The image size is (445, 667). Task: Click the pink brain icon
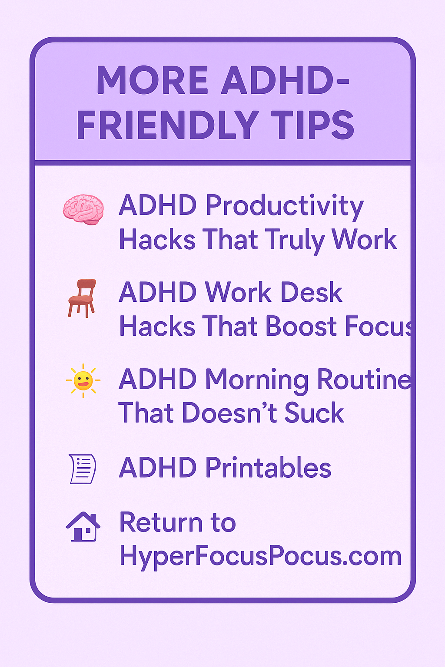(x=83, y=209)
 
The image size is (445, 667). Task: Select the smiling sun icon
(x=83, y=381)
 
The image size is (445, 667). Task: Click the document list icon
(x=83, y=469)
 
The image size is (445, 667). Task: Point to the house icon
(x=83, y=526)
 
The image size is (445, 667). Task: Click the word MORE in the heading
(x=153, y=81)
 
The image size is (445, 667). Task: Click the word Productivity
(x=284, y=206)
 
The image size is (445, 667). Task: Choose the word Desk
(x=311, y=292)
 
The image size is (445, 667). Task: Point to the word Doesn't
(x=229, y=413)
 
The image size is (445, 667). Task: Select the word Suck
(x=314, y=413)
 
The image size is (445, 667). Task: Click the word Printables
(x=268, y=468)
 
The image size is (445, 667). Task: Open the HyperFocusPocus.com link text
(x=260, y=556)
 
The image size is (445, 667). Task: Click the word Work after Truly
(x=364, y=240)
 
